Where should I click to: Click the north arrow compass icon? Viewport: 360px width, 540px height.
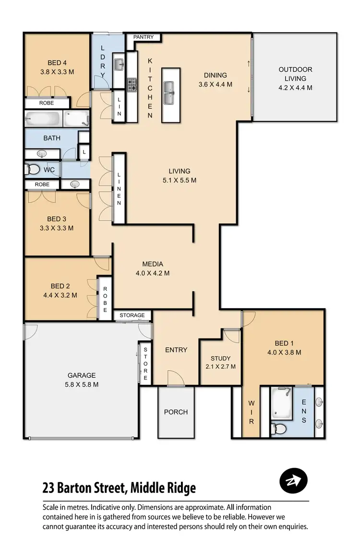tap(293, 480)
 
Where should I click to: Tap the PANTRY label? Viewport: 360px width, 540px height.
tap(144, 37)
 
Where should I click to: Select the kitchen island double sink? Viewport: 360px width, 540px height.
tap(169, 93)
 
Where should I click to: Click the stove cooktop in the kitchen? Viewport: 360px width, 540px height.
tap(132, 85)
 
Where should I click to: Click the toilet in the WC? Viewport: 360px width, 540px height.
tap(33, 169)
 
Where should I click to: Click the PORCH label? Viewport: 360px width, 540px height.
tap(176, 412)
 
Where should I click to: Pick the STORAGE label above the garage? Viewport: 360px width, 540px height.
tap(132, 315)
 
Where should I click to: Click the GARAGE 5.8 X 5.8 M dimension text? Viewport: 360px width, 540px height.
tap(82, 384)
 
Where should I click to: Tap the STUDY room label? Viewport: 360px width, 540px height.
tap(220, 359)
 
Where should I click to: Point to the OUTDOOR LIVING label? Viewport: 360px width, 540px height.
tap(295, 74)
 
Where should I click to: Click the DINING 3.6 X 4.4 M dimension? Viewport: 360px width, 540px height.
tap(215, 84)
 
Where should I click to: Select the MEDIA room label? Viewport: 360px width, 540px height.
tap(153, 264)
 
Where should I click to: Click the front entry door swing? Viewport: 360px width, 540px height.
tap(175, 378)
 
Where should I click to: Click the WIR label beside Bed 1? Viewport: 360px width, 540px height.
tap(251, 412)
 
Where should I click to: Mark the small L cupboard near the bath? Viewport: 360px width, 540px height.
tap(84, 152)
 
